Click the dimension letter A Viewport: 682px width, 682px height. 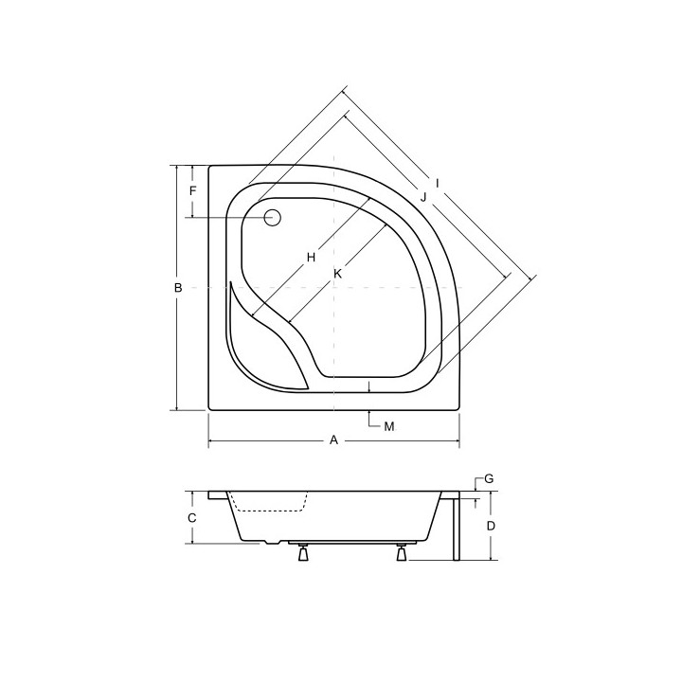332,440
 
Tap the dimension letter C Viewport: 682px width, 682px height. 191,518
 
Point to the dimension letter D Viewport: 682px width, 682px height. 491,525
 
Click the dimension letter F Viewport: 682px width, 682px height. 192,191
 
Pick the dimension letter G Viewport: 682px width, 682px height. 489,479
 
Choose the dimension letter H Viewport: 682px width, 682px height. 311,257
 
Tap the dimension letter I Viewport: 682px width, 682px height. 437,182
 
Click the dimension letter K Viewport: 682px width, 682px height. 336,274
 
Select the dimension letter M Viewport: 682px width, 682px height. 389,426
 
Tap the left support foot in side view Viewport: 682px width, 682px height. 303,554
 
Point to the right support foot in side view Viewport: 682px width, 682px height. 404,554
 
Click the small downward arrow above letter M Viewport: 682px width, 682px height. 368,386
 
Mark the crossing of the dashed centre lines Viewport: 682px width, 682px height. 336,287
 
